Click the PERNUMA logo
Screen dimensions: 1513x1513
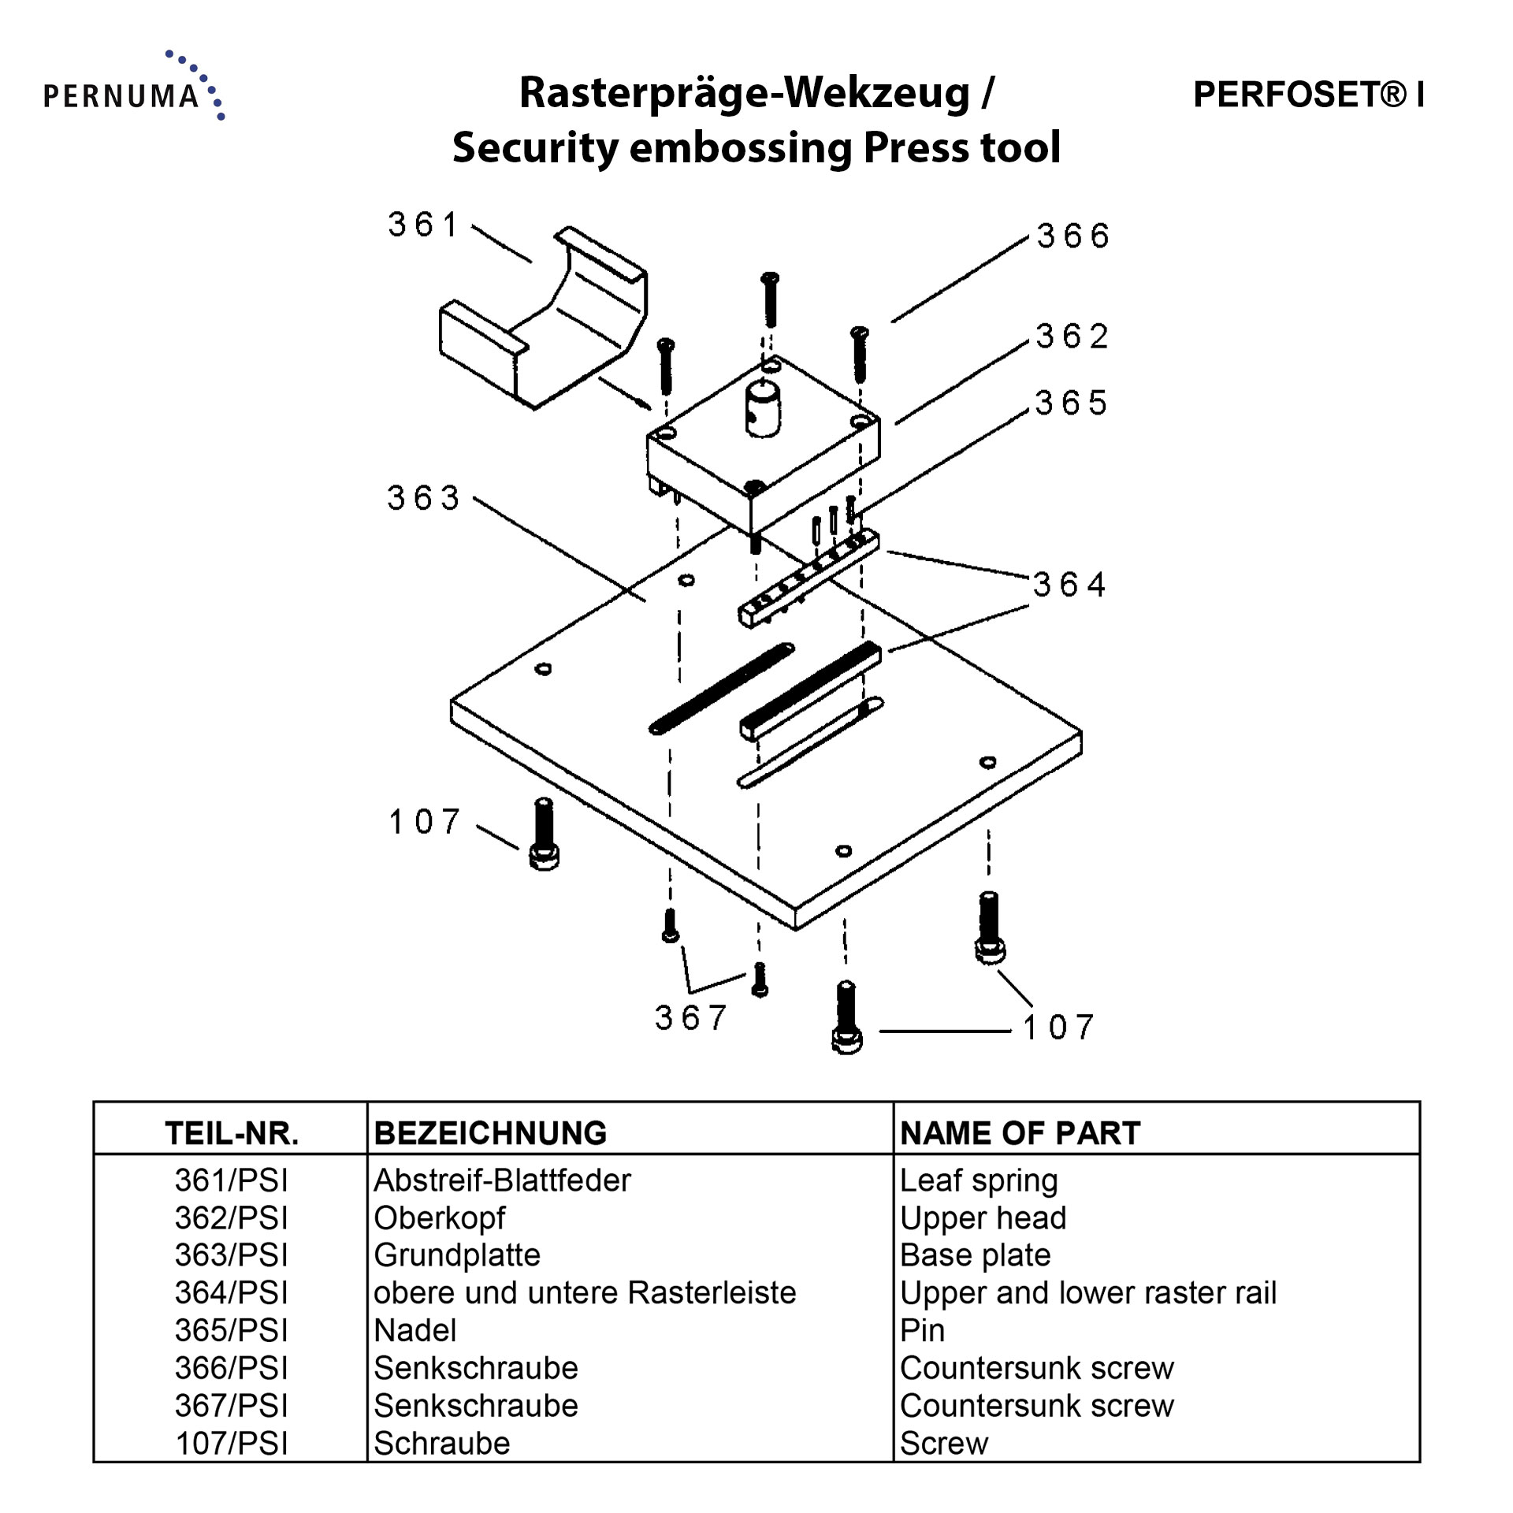pyautogui.click(x=132, y=88)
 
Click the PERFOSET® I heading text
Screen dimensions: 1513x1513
pyautogui.click(x=1308, y=95)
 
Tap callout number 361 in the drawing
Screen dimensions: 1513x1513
pyautogui.click(x=422, y=225)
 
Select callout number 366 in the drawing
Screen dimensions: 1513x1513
pyautogui.click(x=1072, y=236)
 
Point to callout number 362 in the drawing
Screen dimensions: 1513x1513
pyautogui.click(x=1072, y=337)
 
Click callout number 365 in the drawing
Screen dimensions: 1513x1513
pyautogui.click(x=1071, y=403)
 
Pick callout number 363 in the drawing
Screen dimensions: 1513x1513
pyautogui.click(x=423, y=498)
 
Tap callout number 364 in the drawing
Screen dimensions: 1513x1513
pyautogui.click(x=1069, y=585)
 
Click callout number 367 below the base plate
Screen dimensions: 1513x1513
pyautogui.click(x=690, y=1018)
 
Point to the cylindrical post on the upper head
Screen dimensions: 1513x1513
pyautogui.click(x=762, y=408)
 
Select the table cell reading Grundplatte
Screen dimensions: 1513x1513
pyautogui.click(x=457, y=1255)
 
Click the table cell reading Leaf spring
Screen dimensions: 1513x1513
pyautogui.click(x=979, y=1180)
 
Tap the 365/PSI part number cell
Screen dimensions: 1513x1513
pyautogui.click(x=231, y=1330)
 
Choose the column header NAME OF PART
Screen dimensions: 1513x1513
pyautogui.click(x=1020, y=1133)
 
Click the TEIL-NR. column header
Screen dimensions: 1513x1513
pyautogui.click(x=232, y=1133)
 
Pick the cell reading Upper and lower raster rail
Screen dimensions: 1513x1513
pyautogui.click(x=1087, y=1293)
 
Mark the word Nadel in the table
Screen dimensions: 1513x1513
pyautogui.click(x=415, y=1330)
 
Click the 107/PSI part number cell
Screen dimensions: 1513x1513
pyautogui.click(x=231, y=1444)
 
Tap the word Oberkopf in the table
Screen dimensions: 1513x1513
pyautogui.click(x=439, y=1218)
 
